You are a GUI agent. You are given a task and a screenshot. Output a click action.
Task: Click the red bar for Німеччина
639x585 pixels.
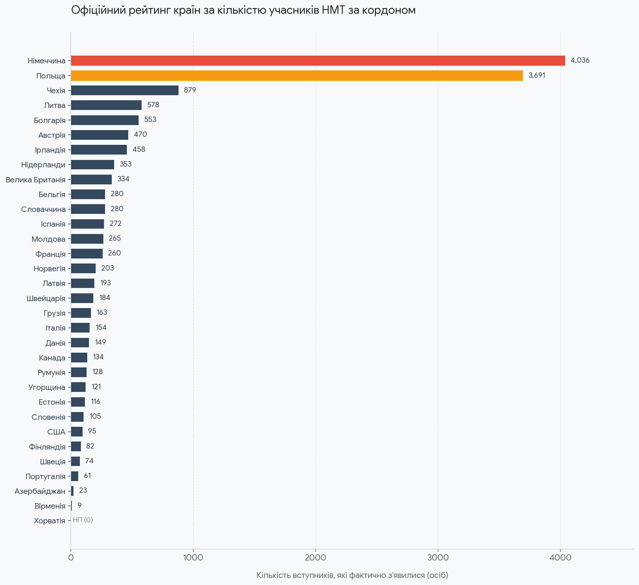click(318, 61)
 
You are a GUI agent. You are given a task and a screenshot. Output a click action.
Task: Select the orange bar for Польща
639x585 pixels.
click(297, 75)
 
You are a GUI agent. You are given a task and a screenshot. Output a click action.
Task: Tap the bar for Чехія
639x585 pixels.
click(125, 90)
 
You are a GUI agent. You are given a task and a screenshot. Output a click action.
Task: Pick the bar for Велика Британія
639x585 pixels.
click(91, 179)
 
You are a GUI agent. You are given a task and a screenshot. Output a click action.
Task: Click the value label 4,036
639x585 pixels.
click(580, 60)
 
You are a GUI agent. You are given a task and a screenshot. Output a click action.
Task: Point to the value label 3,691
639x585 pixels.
click(537, 75)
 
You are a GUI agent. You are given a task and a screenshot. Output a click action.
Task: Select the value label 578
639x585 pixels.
click(153, 105)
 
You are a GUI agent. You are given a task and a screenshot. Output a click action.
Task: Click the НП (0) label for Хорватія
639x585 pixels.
click(83, 520)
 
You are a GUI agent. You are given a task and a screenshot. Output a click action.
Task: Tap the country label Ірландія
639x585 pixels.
click(50, 150)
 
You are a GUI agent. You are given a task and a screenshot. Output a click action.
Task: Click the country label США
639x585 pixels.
click(56, 432)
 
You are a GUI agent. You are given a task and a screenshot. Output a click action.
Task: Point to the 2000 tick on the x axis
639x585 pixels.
click(315, 558)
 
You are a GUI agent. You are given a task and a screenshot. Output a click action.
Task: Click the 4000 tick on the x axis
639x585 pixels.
click(560, 558)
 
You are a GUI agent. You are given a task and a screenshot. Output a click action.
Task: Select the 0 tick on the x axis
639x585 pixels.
click(71, 558)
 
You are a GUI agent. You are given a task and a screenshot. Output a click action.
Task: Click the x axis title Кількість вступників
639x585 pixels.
click(352, 575)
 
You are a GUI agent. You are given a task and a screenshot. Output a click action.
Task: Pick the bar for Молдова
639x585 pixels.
click(87, 239)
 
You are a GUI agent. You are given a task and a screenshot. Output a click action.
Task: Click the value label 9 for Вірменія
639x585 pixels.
click(80, 505)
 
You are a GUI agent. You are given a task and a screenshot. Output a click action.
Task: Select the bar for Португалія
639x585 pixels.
click(75, 476)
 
